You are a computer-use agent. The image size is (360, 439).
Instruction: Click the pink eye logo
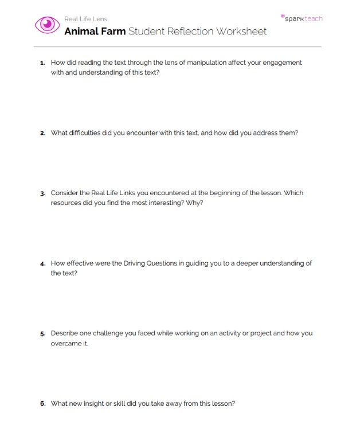(x=48, y=24)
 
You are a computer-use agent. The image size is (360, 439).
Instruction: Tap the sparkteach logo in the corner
(x=302, y=18)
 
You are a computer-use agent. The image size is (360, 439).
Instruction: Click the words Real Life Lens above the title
(x=85, y=19)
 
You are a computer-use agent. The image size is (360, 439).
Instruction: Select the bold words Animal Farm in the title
(x=95, y=31)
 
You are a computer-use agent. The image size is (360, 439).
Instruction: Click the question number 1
(x=42, y=63)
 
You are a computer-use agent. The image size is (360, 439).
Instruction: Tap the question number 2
(x=42, y=133)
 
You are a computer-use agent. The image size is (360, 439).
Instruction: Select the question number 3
(x=42, y=193)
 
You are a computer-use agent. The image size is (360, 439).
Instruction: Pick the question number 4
(x=42, y=264)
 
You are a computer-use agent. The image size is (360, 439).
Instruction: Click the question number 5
(x=42, y=333)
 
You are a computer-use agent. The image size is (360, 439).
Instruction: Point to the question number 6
(x=42, y=403)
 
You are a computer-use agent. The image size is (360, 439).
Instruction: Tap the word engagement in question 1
(x=283, y=63)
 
